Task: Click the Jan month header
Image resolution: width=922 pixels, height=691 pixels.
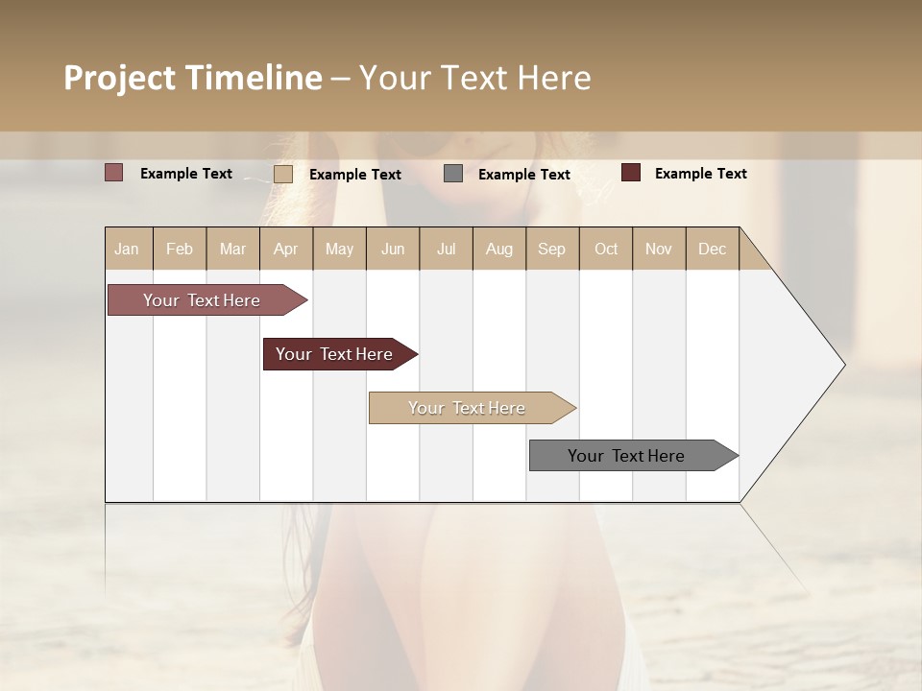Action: [128, 249]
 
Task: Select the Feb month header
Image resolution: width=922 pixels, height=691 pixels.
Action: [180, 249]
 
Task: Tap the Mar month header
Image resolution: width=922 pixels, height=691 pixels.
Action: [232, 249]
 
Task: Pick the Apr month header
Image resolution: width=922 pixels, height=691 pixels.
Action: [286, 249]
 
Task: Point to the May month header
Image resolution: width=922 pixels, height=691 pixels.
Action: [339, 249]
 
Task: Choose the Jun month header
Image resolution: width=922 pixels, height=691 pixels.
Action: [393, 249]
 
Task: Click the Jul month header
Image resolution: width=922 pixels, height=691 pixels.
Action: [446, 249]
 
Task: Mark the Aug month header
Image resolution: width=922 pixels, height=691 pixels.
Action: [499, 249]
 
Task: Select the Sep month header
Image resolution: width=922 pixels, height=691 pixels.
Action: [552, 249]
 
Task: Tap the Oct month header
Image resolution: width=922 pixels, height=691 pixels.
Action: [606, 249]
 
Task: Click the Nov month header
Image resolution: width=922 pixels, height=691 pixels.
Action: [659, 249]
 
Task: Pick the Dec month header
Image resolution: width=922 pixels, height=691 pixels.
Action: [713, 249]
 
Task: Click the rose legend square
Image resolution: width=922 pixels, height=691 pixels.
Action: [114, 173]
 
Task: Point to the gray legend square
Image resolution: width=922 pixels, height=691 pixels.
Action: [453, 174]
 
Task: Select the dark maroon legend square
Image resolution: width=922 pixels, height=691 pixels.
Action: [631, 173]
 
